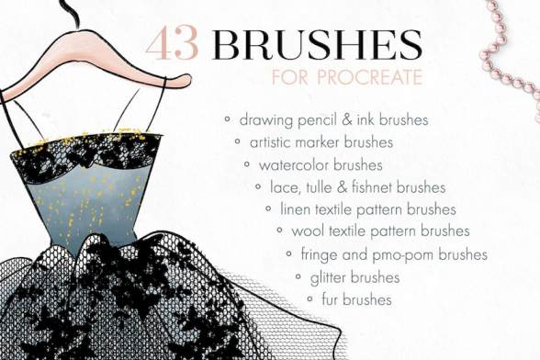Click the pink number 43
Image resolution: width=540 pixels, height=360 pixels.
point(173,44)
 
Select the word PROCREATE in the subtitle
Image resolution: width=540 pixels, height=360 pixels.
point(369,77)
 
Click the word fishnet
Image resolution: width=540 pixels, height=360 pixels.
point(372,187)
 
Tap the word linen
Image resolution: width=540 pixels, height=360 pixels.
point(295,209)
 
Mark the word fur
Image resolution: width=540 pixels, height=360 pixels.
point(331,299)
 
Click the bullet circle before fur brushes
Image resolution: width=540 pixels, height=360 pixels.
point(309,298)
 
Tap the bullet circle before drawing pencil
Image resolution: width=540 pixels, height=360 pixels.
point(227,119)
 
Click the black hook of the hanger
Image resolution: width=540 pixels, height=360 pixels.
point(73,14)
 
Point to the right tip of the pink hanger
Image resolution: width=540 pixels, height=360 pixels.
point(190,79)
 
